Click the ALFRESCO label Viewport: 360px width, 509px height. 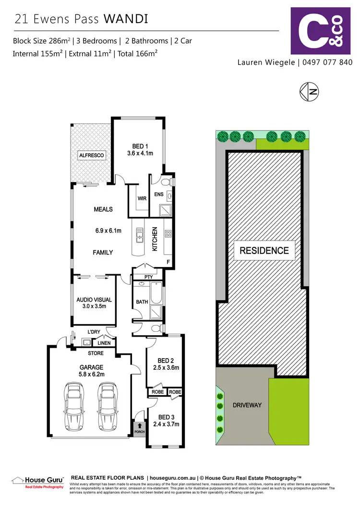click(91, 156)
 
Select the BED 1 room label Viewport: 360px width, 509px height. click(139, 147)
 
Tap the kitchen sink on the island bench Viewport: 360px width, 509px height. click(140, 234)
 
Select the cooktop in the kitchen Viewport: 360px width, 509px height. click(168, 234)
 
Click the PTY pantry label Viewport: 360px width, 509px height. click(148, 277)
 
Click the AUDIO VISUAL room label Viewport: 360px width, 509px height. click(94, 300)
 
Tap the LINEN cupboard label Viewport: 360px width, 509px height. click(104, 342)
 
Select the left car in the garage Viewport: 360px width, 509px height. click(75, 402)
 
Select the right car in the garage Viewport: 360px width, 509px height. click(107, 402)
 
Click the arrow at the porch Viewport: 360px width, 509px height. click(140, 425)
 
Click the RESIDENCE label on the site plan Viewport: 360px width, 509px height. click(264, 250)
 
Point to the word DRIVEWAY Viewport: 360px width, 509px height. click(247, 405)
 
